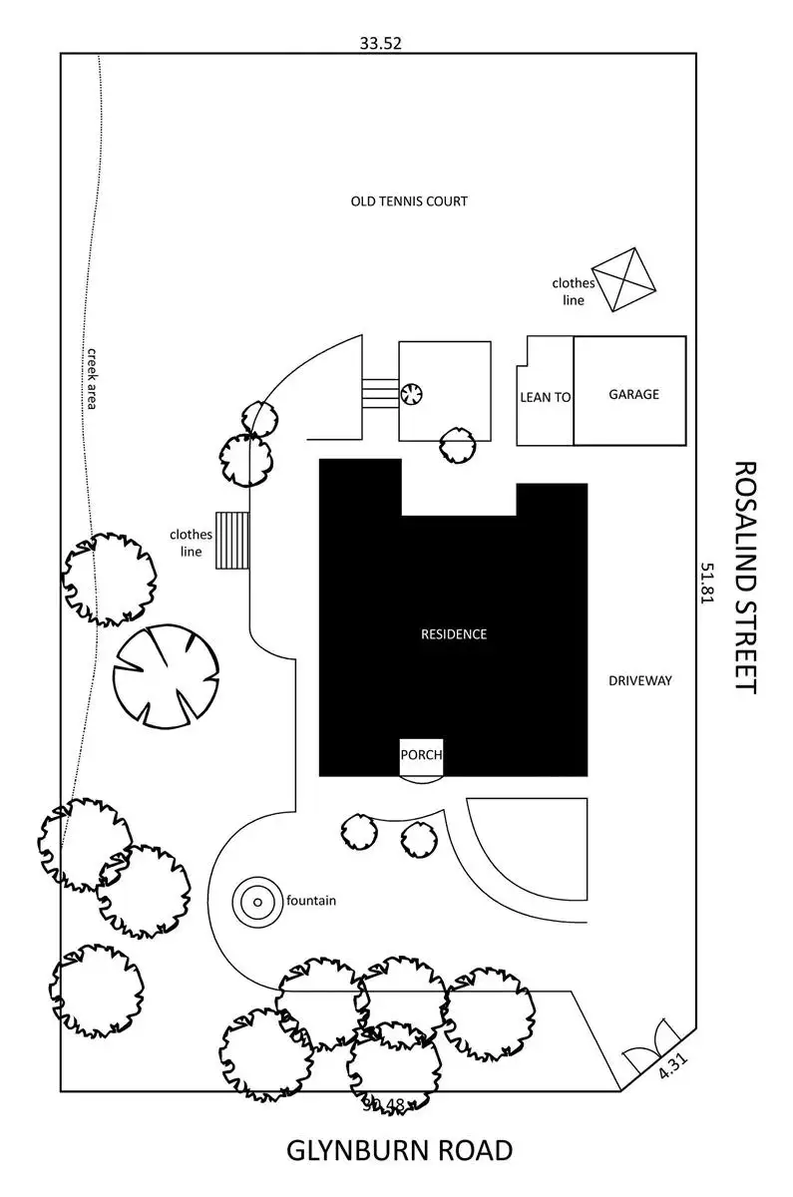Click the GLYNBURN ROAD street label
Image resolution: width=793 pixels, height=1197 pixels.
click(399, 1150)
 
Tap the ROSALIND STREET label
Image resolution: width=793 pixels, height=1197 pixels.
click(746, 577)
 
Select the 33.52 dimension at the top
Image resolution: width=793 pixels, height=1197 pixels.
click(380, 43)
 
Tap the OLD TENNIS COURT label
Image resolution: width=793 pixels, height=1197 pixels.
click(409, 201)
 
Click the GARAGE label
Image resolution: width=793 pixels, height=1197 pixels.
click(633, 394)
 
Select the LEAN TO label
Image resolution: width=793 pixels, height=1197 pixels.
click(546, 397)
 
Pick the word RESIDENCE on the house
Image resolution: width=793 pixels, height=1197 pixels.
click(454, 633)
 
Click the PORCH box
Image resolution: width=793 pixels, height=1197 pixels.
click(421, 755)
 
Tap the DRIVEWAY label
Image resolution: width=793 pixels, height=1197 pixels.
click(640, 681)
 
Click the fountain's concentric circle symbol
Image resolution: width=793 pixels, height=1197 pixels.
click(256, 902)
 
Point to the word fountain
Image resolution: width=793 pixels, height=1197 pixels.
click(311, 901)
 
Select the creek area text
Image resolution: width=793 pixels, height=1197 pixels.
click(90, 378)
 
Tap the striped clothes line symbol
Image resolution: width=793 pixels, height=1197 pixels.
click(231, 541)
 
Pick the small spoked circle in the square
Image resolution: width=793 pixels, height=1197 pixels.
click(412, 394)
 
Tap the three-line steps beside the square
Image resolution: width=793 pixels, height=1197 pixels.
click(380, 391)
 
